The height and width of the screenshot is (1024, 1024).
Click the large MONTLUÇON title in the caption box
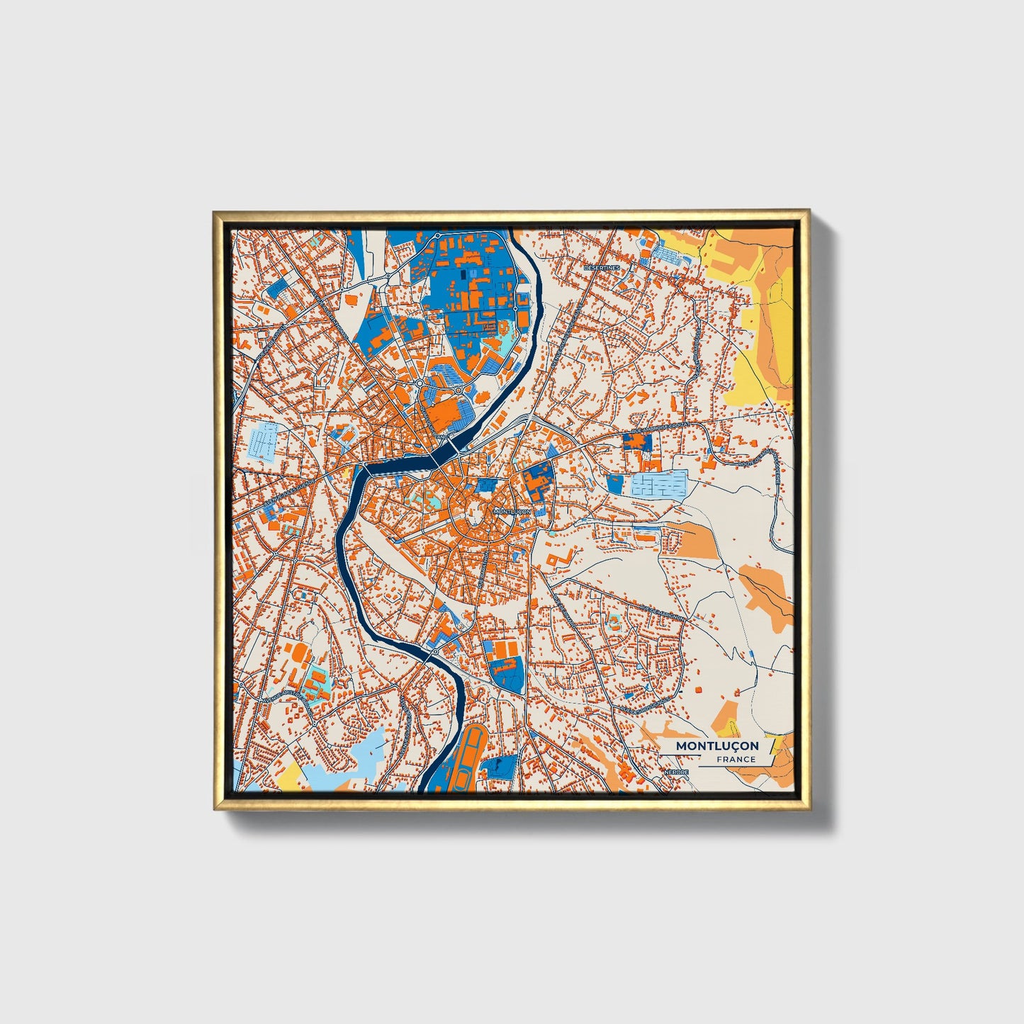(716, 746)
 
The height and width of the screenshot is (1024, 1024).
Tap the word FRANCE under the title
(736, 760)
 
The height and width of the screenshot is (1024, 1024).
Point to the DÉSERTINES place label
(602, 268)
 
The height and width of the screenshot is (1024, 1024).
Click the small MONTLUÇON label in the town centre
(511, 511)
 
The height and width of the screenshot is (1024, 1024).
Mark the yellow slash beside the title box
(772, 746)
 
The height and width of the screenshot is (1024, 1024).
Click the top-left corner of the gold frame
(215, 213)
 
